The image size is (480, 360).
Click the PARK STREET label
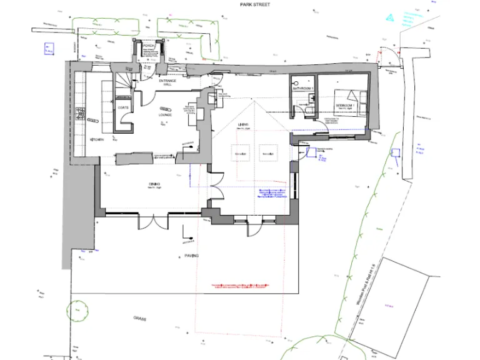coord(254,4)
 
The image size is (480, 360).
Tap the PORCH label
coord(148,46)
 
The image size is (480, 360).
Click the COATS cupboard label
coord(123,107)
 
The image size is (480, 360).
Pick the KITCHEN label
coord(96,139)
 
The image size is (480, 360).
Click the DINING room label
coord(154,184)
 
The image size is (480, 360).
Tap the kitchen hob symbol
coord(80,114)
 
